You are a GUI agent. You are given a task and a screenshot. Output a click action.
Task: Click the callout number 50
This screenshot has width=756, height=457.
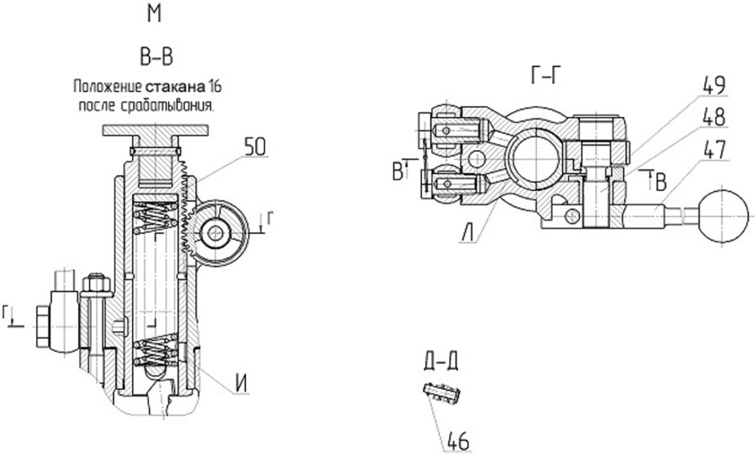pos(255,147)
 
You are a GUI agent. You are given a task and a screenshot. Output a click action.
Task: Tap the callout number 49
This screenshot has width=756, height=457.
pos(714,85)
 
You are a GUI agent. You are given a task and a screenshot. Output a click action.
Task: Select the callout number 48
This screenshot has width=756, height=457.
pos(714,117)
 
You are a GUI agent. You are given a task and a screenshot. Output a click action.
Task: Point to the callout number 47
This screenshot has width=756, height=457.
pos(714,149)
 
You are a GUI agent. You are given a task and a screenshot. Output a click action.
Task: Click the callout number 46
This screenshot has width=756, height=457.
pos(458,440)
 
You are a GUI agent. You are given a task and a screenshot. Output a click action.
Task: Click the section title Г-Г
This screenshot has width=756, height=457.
pos(546,76)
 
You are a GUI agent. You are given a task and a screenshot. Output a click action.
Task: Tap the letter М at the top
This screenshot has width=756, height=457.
pos(154,14)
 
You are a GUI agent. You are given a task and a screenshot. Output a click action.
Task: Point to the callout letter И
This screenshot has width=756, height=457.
pos(242,384)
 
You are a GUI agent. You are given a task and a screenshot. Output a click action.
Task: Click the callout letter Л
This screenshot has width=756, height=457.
pos(467,234)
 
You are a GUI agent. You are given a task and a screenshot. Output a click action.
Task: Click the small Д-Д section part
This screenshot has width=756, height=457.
pos(442,393)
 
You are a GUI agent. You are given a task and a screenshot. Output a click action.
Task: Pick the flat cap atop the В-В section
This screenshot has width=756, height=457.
pos(155,130)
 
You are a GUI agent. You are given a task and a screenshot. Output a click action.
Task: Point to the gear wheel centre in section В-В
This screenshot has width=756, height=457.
pos(215,234)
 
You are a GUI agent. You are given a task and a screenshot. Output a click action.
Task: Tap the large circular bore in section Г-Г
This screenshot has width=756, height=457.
pos(535,159)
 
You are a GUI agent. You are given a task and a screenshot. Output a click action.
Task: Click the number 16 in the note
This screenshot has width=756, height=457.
pos(215,87)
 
